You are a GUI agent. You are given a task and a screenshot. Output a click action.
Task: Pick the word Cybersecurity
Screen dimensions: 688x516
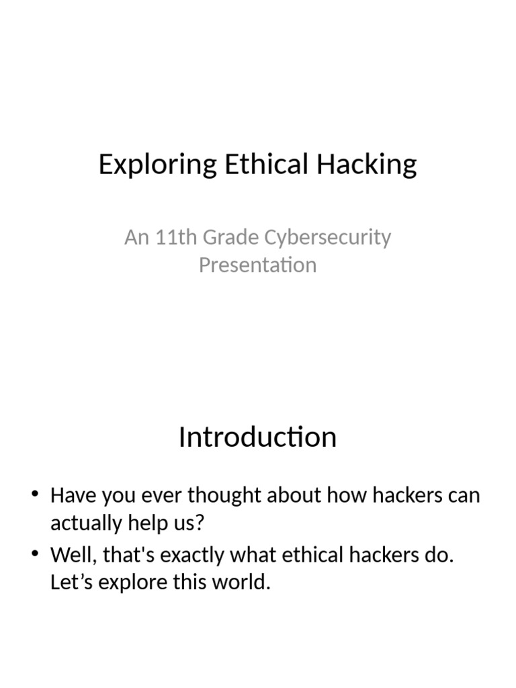pyautogui.click(x=328, y=237)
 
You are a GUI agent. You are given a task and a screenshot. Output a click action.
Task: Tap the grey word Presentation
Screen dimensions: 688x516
pyautogui.click(x=257, y=265)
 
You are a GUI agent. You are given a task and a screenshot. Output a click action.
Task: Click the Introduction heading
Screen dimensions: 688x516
pyautogui.click(x=257, y=437)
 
